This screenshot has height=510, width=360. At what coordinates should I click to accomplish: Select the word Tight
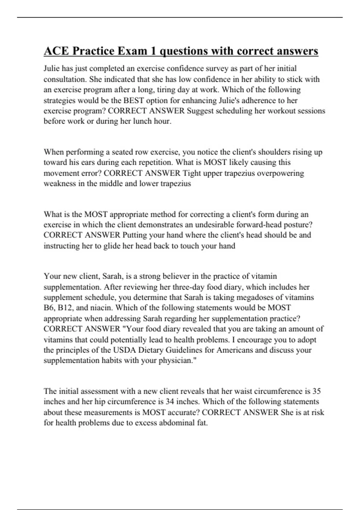[x=192, y=173]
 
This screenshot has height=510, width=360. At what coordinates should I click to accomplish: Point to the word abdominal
[x=177, y=423]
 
